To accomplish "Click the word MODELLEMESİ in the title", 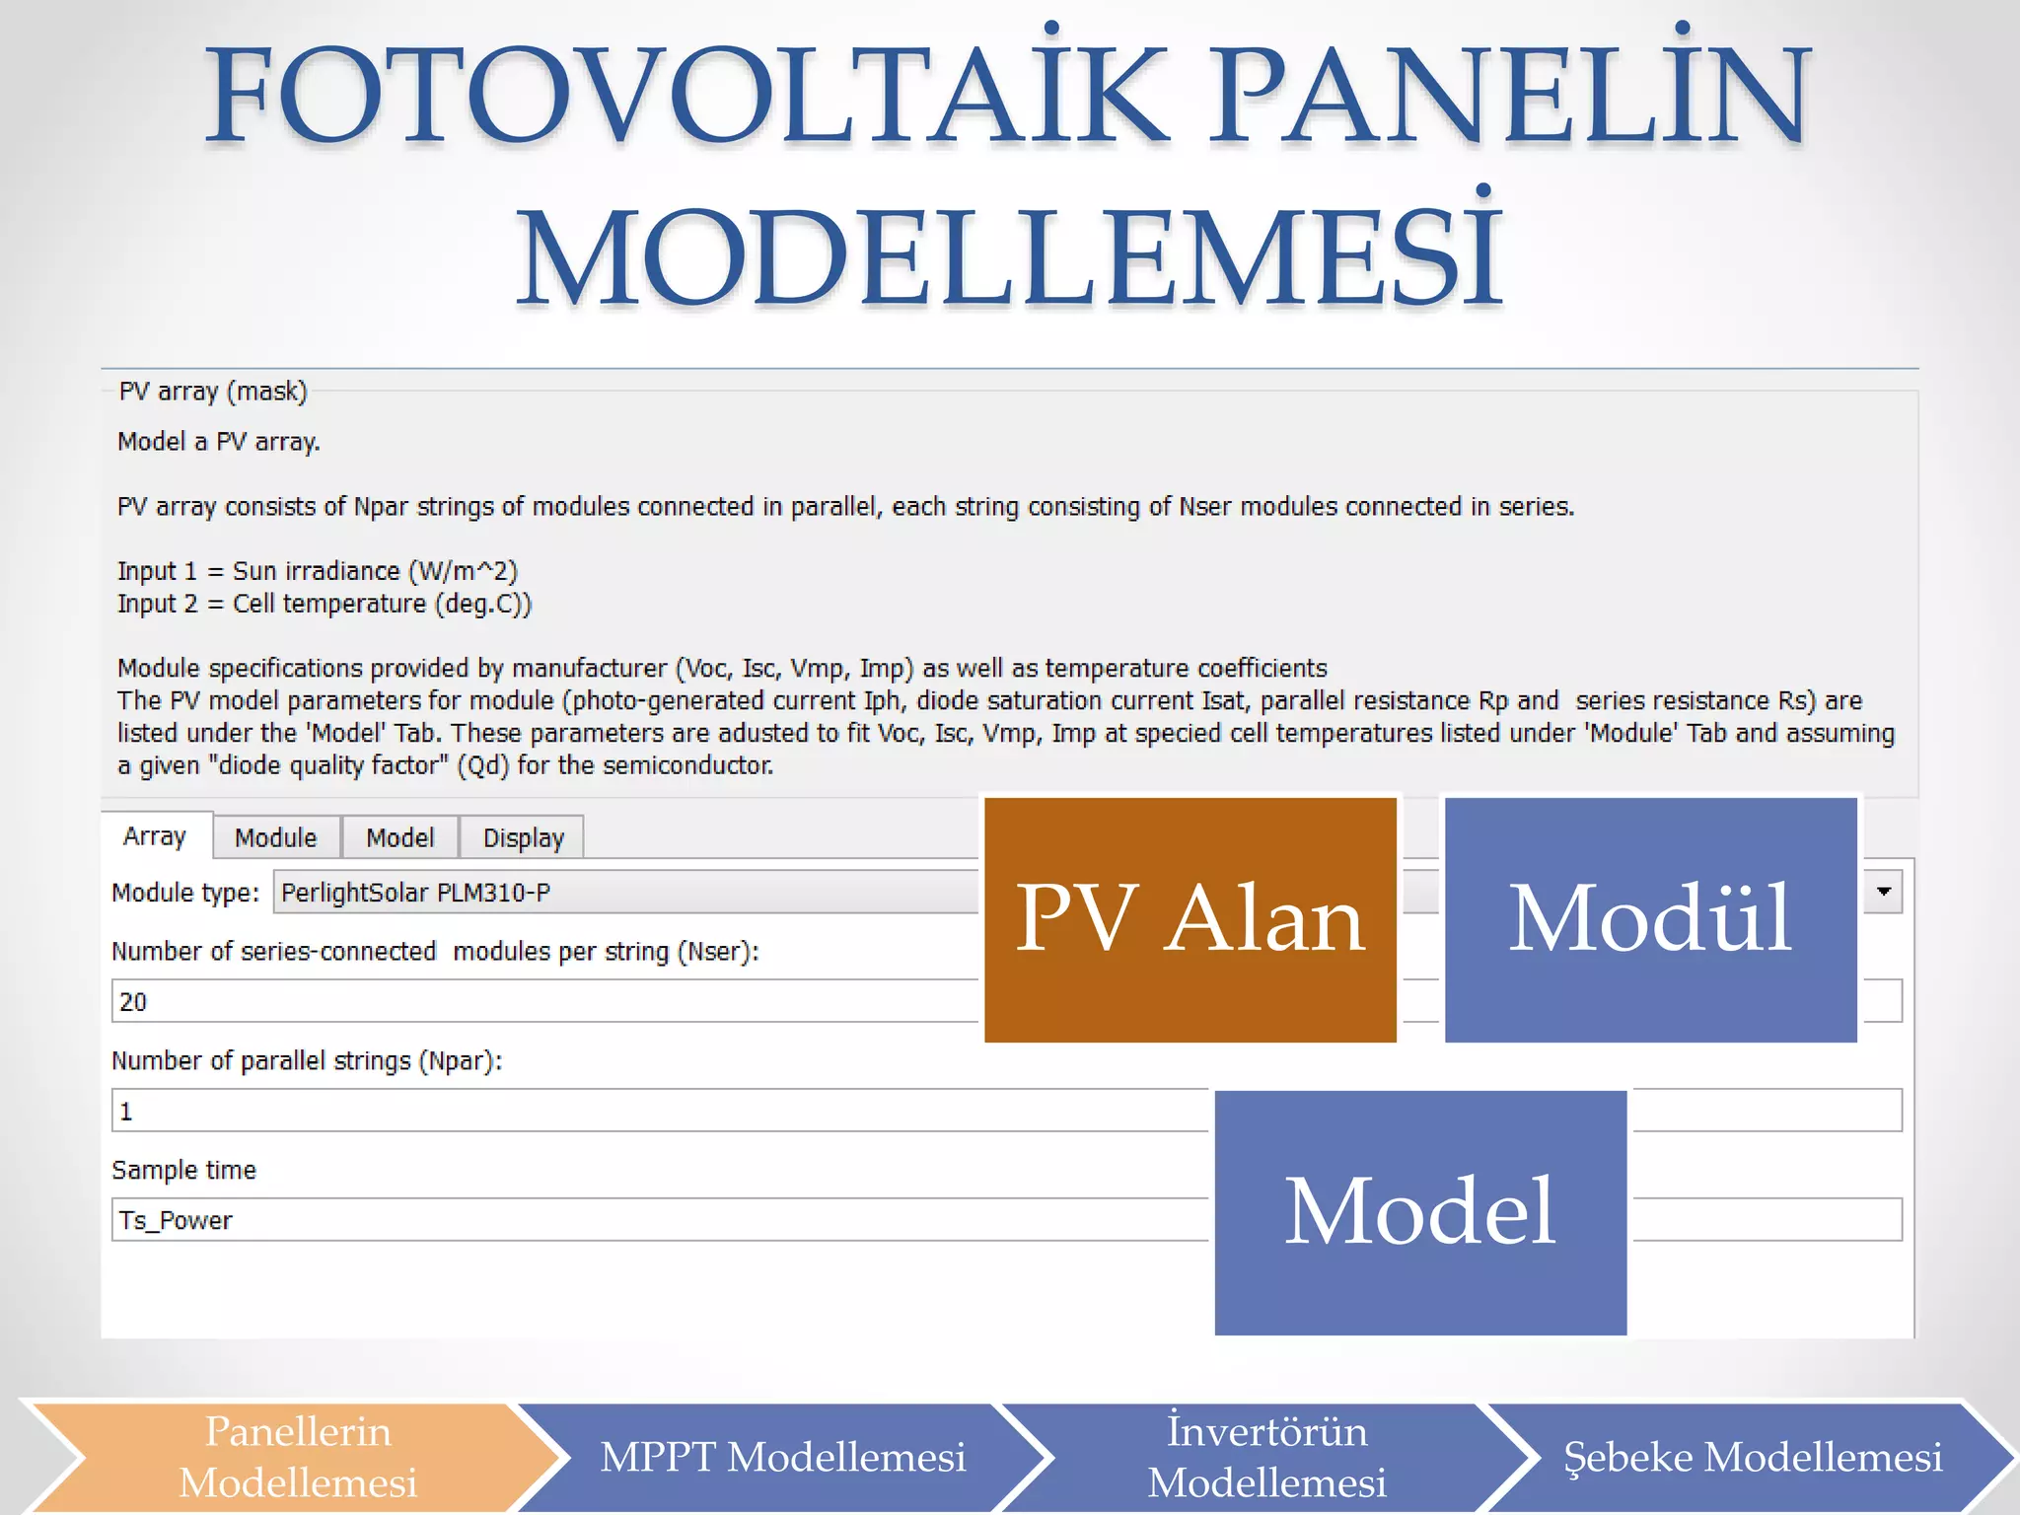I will coord(1009,256).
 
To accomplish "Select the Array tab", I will coord(155,836).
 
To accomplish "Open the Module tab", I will coord(276,838).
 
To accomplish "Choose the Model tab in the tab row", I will coord(399,838).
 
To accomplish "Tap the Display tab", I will coord(523,838).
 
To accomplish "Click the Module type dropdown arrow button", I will coord(1883,892).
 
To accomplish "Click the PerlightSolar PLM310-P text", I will coord(415,893).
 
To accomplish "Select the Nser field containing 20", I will coord(493,1002).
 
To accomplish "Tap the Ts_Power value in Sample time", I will coord(177,1221).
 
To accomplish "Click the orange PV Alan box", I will coord(1190,919).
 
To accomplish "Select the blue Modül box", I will coord(1650,919).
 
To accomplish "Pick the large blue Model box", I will coord(1420,1212).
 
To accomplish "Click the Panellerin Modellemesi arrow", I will coord(297,1457).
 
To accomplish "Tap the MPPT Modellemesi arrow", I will coord(782,1457).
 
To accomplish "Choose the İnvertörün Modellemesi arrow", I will coord(1266,1457).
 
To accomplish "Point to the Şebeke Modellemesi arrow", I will coord(1752,1457).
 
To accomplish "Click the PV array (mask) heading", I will coord(213,392).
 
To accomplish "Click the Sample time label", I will coord(184,1171).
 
